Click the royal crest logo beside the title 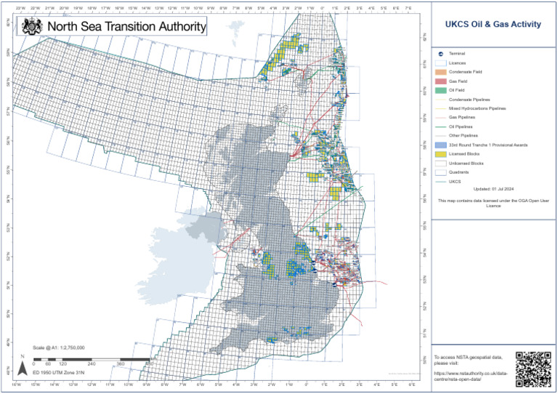tap(32, 26)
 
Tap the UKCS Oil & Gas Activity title tap(493, 24)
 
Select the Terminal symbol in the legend tap(441, 55)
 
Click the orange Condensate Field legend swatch tap(441, 72)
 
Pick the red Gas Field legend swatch tap(441, 81)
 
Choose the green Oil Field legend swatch tap(441, 90)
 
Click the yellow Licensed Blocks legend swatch tap(441, 154)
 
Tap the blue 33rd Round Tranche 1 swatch tap(441, 145)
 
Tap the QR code tap(534, 368)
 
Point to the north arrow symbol tap(22, 369)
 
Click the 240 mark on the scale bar tap(92, 363)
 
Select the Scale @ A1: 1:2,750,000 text tap(60, 348)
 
